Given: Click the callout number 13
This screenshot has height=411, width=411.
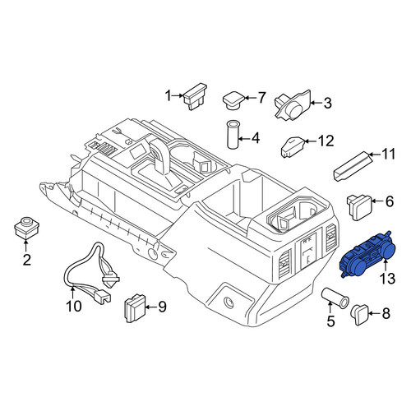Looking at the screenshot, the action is point(387,279).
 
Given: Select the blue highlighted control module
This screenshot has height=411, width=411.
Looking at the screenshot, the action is point(367,254).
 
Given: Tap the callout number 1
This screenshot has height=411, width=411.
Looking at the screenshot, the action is point(168,96).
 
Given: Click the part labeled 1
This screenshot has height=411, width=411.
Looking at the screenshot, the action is point(195,97).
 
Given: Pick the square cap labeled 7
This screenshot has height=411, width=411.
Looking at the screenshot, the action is point(234,100).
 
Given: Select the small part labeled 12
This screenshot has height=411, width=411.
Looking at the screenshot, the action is point(293,147).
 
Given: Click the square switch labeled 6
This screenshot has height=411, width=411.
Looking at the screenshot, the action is point(359,206).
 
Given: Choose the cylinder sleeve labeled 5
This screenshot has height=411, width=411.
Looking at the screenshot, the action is point(335,297).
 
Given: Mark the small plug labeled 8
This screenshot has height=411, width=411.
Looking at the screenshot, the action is point(360,315).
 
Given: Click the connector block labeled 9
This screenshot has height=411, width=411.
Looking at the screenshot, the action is point(135,307).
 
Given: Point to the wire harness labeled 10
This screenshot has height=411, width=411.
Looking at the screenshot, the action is point(90,274).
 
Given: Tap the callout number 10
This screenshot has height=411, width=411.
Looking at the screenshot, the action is point(74,306).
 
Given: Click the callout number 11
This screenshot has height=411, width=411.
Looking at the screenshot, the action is point(388,154).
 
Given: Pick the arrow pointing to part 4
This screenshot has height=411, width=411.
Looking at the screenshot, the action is point(242,139).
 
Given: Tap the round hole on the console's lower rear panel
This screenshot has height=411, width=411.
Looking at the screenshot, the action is point(229,302).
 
